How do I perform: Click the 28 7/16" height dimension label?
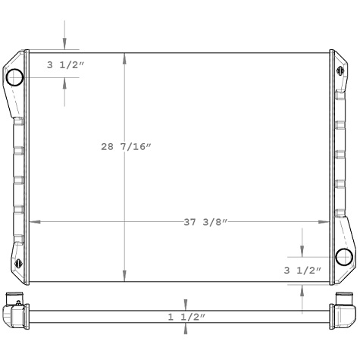pyautogui.click(x=127, y=147)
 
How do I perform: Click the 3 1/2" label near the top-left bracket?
pyautogui.click(x=65, y=65)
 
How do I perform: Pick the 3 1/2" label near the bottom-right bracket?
pyautogui.click(x=302, y=270)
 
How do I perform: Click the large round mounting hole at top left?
pyautogui.click(x=15, y=77)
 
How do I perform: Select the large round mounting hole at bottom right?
pyautogui.click(x=343, y=256)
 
